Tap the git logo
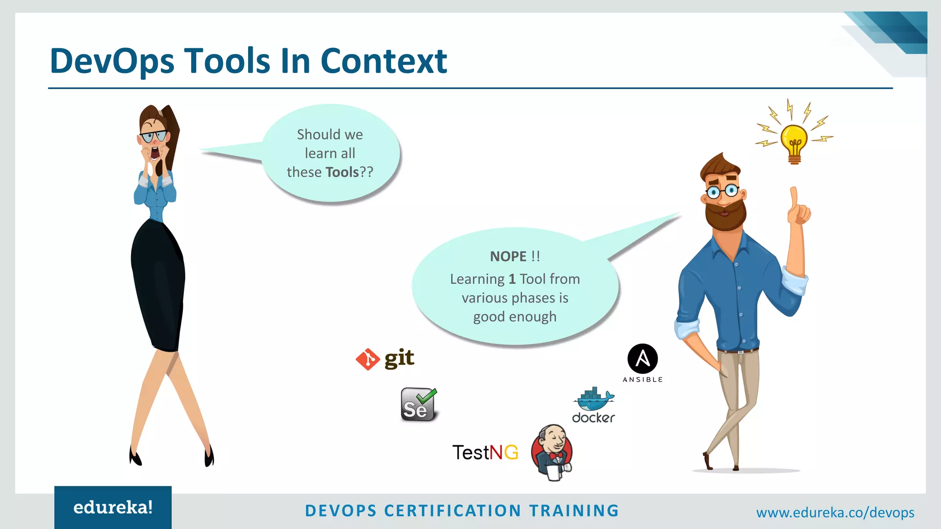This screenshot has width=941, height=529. coord(385,359)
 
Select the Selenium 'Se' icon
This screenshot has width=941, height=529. coord(418,405)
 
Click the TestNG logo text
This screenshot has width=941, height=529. coord(485,453)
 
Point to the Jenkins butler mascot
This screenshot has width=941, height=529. coord(552,452)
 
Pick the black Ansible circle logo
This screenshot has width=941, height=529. coord(642,359)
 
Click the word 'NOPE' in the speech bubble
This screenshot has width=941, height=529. coord(508,256)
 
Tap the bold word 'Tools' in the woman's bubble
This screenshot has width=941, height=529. coord(342,172)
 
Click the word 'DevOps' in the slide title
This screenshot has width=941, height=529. coord(112,61)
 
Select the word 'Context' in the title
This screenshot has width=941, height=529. coord(384,61)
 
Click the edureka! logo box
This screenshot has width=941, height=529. coord(113,507)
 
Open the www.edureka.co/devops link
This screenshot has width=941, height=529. coord(835,512)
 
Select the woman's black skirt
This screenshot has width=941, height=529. coord(158,285)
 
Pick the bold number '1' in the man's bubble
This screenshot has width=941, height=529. coord(512,279)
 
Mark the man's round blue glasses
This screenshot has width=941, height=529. coord(722,191)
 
